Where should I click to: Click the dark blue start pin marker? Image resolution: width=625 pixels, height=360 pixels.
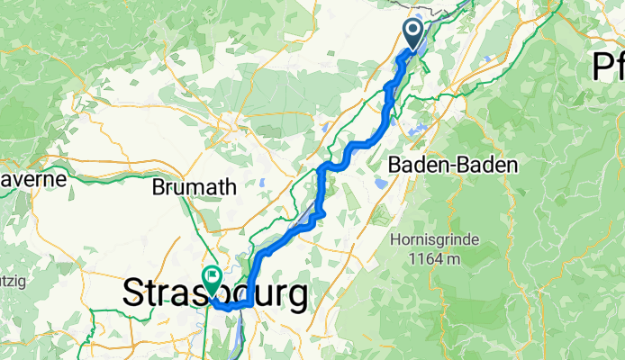coord(414,34)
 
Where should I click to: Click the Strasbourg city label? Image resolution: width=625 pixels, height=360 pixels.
coord(214,293)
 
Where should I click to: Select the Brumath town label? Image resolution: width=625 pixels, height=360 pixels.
coord(195,188)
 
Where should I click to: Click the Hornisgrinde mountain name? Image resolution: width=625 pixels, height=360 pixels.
coord(436,241)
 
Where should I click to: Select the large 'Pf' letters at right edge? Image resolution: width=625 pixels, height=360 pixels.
coord(608,66)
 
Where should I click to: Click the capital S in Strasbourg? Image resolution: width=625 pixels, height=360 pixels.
coord(133,293)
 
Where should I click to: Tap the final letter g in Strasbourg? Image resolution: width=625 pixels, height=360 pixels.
coord(294,296)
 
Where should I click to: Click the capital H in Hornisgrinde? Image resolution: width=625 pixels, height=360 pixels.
coord(395,241)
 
